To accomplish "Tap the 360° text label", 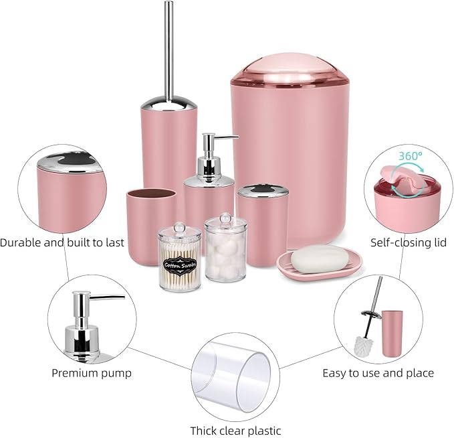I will click(411, 155).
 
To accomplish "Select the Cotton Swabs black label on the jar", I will click(180, 263).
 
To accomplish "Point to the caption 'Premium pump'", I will click(92, 373).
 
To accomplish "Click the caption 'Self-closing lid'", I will click(409, 242).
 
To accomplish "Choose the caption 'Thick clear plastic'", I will click(235, 431).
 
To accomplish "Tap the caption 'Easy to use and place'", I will click(378, 373).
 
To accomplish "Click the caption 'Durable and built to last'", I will click(62, 242).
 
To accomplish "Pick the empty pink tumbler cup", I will click(150, 224).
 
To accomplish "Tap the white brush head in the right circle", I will click(364, 344).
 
